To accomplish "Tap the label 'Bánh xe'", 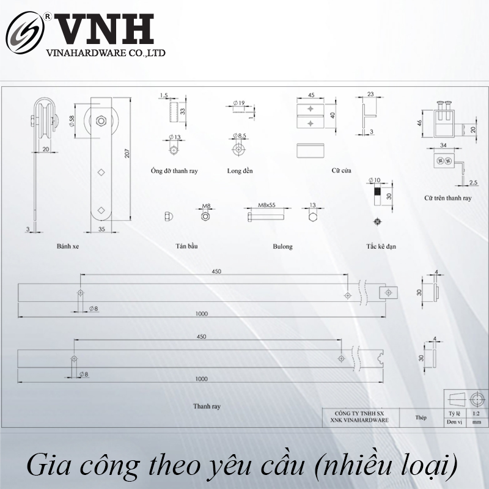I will (67, 247).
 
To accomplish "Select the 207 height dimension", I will (127, 153).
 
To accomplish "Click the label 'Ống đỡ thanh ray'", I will (174, 171).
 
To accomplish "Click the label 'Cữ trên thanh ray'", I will (447, 198).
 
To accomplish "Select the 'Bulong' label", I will (282, 247).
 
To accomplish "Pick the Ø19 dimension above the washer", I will (239, 103).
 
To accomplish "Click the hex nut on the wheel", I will (102, 118).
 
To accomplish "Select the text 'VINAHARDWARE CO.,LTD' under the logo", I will (106, 54).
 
